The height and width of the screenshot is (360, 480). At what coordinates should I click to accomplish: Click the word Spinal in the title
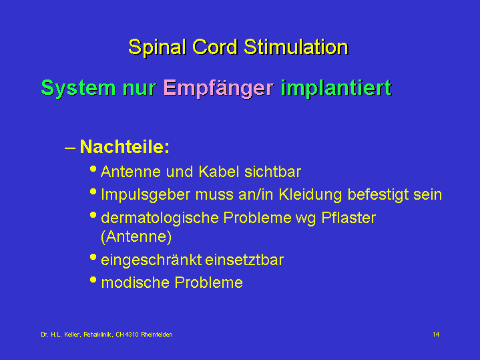pos(158,47)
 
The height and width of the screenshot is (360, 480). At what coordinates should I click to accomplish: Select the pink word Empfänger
pos(218,89)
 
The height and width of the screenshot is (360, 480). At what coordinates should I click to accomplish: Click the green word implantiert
pos(336,88)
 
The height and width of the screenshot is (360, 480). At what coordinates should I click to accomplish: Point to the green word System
pos(79,88)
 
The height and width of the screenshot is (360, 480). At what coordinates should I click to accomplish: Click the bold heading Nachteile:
pos(124,146)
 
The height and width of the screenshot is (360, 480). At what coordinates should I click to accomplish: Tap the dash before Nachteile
pos(70,148)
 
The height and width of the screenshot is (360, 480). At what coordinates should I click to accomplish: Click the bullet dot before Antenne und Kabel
pos(93,168)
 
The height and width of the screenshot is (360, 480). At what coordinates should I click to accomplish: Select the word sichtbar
pos(273,172)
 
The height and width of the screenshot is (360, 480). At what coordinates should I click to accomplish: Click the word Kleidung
pos(310,194)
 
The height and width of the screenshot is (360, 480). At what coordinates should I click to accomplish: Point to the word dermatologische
pos(160,218)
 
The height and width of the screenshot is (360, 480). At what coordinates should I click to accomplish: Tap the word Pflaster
pos(348,218)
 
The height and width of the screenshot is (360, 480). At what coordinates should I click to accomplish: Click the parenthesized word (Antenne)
pos(136,236)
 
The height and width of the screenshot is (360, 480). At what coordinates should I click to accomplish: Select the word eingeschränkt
pos(152,260)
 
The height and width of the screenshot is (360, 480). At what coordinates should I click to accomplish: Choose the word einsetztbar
pos(244,260)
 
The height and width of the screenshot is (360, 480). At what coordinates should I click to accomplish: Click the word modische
pos(135,283)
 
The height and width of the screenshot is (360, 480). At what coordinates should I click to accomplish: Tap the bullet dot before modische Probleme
pos(93,280)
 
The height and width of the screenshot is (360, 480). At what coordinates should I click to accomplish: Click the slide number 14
pos(436,334)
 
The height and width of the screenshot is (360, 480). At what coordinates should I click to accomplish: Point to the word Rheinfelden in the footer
pos(157,335)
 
